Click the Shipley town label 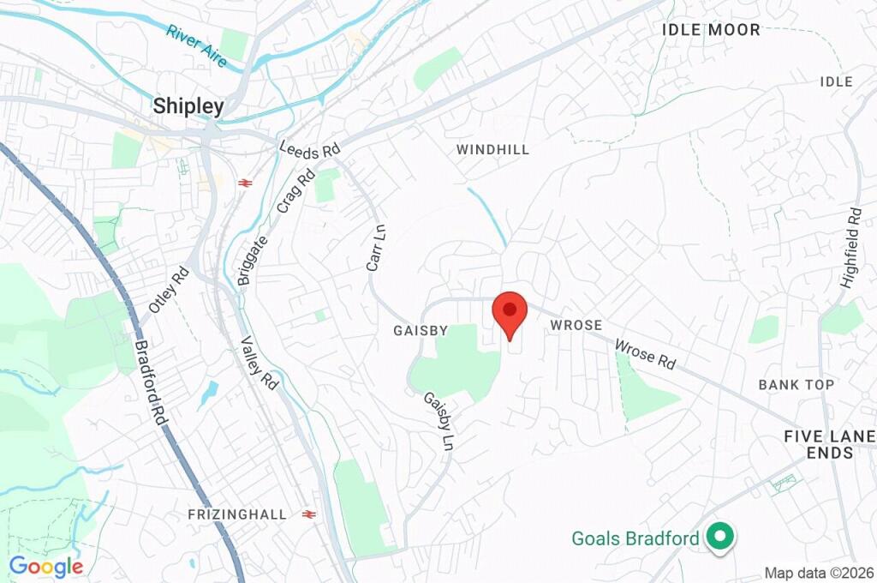pyautogui.click(x=188, y=106)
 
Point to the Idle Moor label pyautogui.click(x=711, y=30)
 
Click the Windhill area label pyautogui.click(x=492, y=149)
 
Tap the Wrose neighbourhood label pyautogui.click(x=576, y=326)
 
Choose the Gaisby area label pyautogui.click(x=421, y=330)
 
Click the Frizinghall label pyautogui.click(x=238, y=514)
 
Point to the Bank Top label pyautogui.click(x=796, y=385)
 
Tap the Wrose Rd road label pyautogui.click(x=646, y=355)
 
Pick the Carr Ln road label pyautogui.click(x=375, y=248)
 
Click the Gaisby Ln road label pyautogui.click(x=438, y=422)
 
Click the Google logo pyautogui.click(x=46, y=566)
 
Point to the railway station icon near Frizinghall pyautogui.click(x=309, y=514)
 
